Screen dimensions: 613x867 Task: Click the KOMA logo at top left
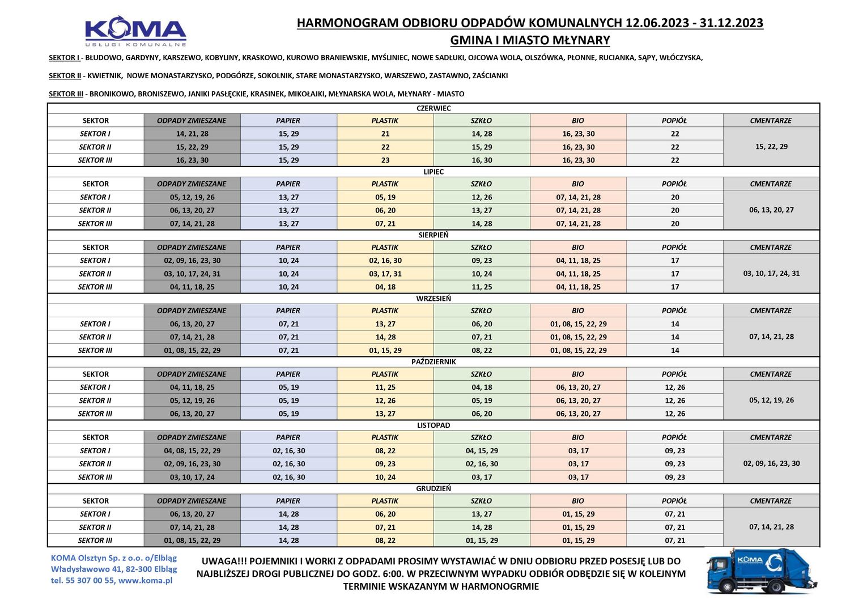tap(135, 32)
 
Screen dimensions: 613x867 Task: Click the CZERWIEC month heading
tap(433, 108)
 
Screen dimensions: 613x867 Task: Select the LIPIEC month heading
tap(433, 172)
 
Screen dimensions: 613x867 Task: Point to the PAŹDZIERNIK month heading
tap(433, 361)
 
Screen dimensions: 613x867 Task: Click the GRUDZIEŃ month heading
tap(433, 488)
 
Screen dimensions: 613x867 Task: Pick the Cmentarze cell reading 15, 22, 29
tap(771, 147)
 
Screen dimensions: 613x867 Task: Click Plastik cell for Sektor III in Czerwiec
tap(385, 160)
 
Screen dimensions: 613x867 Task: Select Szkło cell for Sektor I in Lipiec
tap(482, 197)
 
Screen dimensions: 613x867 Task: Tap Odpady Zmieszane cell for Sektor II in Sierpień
tap(192, 274)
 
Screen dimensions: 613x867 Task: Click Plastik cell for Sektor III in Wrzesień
tap(385, 350)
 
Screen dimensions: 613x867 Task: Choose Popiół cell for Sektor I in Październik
tap(675, 388)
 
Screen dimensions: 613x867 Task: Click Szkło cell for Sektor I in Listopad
tap(482, 451)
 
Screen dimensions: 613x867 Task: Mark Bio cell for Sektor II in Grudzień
tap(578, 527)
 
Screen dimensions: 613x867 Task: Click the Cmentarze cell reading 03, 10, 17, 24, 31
tap(771, 274)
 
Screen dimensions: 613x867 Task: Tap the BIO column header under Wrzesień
tap(578, 310)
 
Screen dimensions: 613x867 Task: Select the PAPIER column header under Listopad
tap(288, 437)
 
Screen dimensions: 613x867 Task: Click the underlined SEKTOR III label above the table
tap(66, 94)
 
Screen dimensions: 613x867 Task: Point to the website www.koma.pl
tap(145, 580)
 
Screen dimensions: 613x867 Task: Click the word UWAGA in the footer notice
tap(219, 561)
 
